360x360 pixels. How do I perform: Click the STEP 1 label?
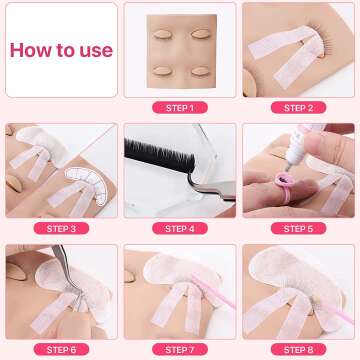pos(180,107)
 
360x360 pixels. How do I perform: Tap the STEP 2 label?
pos(298,107)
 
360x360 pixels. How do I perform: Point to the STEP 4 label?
pos(180,228)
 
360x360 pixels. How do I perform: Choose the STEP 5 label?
pos(298,228)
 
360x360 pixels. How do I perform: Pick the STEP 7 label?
pos(180,349)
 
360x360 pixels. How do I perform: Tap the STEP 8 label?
pos(298,349)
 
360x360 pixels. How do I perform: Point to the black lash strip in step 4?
pos(165,152)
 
